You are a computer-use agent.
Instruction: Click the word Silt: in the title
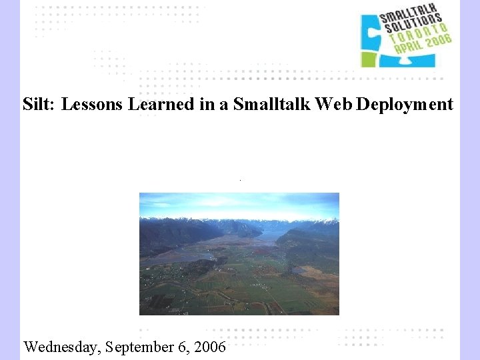click(39, 105)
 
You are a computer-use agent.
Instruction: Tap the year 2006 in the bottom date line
click(210, 347)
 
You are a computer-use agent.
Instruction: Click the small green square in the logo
click(369, 59)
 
